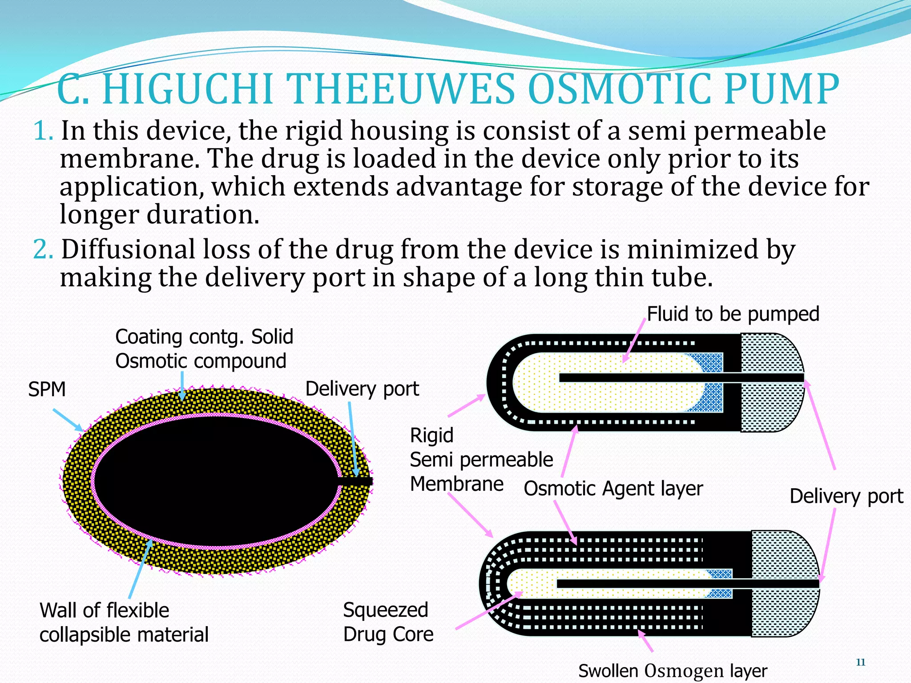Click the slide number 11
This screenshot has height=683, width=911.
860,663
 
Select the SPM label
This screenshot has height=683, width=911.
47,390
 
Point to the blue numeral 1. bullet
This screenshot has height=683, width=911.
44,131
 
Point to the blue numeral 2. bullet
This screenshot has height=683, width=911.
44,249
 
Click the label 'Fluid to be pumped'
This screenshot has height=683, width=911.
733,314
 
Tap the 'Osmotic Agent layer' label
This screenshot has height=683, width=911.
613,489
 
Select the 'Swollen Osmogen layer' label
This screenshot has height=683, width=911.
673,671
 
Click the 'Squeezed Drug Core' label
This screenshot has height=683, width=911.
388,622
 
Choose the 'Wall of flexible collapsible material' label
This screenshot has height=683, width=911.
124,623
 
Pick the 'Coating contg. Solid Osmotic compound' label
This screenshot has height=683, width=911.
204,349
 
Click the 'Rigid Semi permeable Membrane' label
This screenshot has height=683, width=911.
480,460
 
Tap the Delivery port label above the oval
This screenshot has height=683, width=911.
362,389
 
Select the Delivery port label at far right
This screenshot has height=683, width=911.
846,496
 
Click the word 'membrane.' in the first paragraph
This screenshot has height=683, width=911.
129,159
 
